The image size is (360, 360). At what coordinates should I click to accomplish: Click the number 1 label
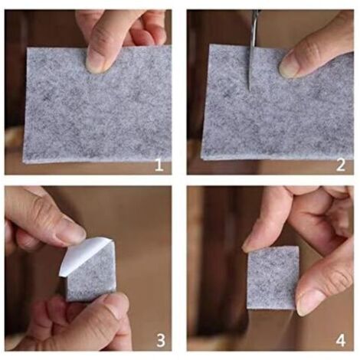[159, 165]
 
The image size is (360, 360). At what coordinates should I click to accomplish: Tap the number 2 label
[341, 165]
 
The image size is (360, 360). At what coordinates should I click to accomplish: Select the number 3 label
[160, 340]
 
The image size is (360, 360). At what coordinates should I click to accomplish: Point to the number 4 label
[341, 340]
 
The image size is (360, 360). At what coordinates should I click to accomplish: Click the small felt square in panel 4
[273, 278]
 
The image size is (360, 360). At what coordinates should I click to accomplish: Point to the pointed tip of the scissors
[248, 90]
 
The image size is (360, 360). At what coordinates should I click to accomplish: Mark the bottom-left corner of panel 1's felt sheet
[24, 162]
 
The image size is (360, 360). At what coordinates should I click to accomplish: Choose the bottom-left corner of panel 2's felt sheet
[202, 159]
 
